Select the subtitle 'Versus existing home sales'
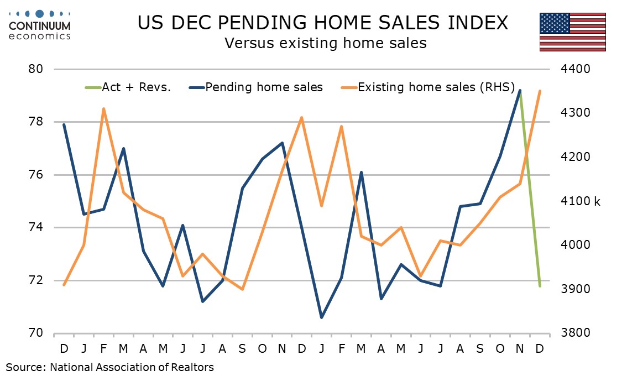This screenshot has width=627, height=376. pyautogui.click(x=325, y=43)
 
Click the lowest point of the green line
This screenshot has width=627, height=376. pyautogui.click(x=540, y=286)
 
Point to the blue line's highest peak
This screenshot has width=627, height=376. pyautogui.click(x=520, y=91)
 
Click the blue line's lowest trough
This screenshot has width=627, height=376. pyautogui.click(x=322, y=317)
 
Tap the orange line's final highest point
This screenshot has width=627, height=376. pyautogui.click(x=540, y=91)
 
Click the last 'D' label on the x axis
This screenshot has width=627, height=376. pyautogui.click(x=540, y=349)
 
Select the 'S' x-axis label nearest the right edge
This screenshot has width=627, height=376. pyautogui.click(x=480, y=349)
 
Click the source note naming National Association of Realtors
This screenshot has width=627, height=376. pyautogui.click(x=110, y=367)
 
